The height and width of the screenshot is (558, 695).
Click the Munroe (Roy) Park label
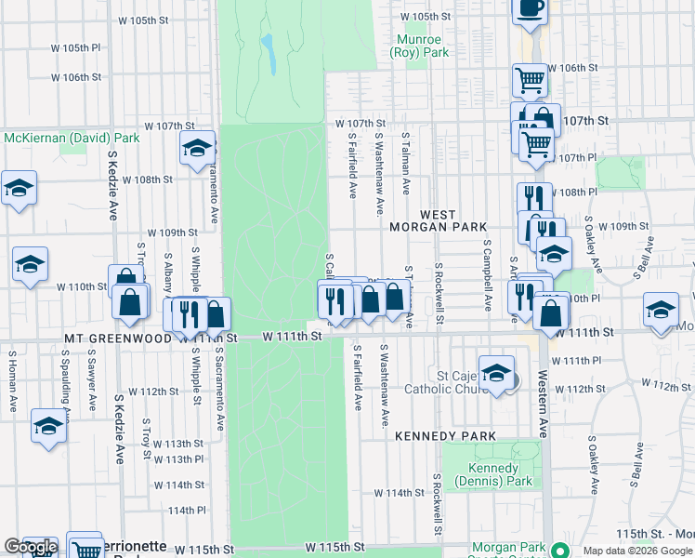click(423, 46)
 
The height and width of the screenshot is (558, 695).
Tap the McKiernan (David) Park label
click(71, 138)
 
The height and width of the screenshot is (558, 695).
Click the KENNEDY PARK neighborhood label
click(444, 435)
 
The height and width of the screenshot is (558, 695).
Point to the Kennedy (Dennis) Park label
click(493, 474)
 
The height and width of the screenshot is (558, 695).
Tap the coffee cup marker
click(531, 8)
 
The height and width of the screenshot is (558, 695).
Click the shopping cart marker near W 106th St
click(530, 79)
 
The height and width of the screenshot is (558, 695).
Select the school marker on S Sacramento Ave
click(197, 149)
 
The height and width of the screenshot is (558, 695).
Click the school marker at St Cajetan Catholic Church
click(497, 372)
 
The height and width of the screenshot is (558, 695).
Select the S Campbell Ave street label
click(486, 275)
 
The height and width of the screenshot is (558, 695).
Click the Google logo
click(30, 547)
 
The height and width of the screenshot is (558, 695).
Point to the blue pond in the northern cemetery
click(269, 53)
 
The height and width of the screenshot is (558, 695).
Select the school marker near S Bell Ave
click(661, 311)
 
